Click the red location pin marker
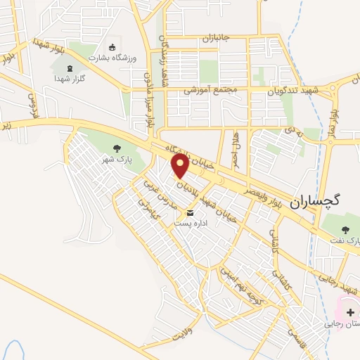pyautogui.click(x=181, y=165)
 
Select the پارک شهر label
pyautogui.click(x=120, y=160)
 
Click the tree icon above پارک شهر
pyautogui.click(x=117, y=148)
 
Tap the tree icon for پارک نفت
pyautogui.click(x=345, y=229)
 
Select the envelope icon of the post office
pyautogui.click(x=190, y=213)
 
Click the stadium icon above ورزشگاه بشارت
pyautogui.click(x=112, y=46)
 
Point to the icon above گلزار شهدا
pyautogui.click(x=69, y=69)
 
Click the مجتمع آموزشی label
pyautogui.click(x=210, y=91)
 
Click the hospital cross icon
pyautogui.click(x=350, y=311)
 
